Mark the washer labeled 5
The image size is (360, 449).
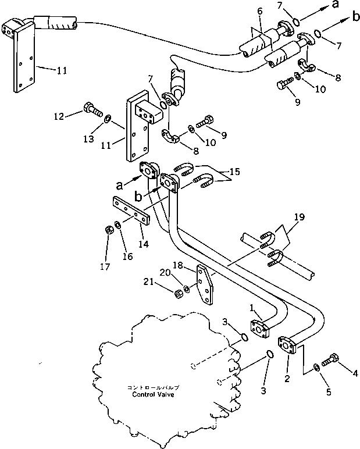point(315,366)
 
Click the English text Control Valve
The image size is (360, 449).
point(154,394)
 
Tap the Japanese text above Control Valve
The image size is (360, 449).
point(154,387)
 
